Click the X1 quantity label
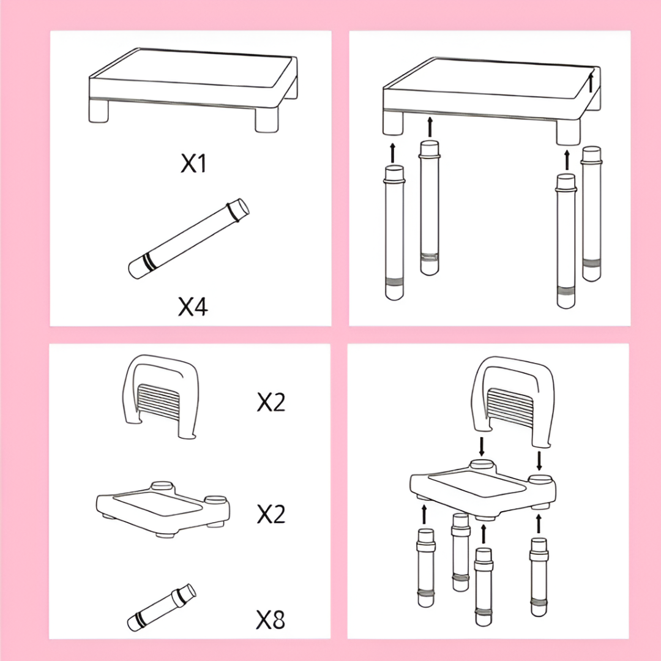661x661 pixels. [x=193, y=163]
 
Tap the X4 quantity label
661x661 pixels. [x=193, y=307]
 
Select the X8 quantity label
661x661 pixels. [x=271, y=619]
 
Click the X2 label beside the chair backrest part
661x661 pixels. [x=271, y=402]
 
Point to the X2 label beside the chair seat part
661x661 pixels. [x=271, y=514]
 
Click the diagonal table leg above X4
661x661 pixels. [x=189, y=239]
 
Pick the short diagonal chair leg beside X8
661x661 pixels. [x=162, y=608]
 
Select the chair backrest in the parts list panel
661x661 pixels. [x=160, y=395]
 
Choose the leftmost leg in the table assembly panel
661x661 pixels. [x=394, y=233]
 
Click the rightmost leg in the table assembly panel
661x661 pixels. [x=591, y=214]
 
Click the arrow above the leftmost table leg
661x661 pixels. [x=393, y=152]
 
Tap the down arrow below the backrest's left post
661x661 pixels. [x=482, y=446]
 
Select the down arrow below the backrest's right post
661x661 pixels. [x=539, y=461]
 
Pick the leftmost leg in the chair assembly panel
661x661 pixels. [x=426, y=568]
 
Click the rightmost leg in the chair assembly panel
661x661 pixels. [x=539, y=577]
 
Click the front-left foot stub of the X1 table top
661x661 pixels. [x=98, y=111]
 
